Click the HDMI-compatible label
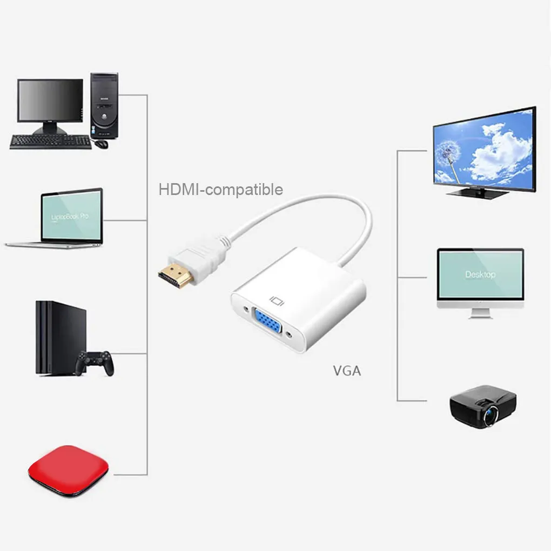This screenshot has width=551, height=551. point(220,190)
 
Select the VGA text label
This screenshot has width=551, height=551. point(346,371)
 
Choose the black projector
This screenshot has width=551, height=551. point(482,406)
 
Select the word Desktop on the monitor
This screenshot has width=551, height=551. point(480,274)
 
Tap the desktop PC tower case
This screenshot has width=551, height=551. point(104,105)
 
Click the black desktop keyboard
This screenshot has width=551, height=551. point(50,142)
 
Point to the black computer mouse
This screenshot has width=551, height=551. point(100,144)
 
